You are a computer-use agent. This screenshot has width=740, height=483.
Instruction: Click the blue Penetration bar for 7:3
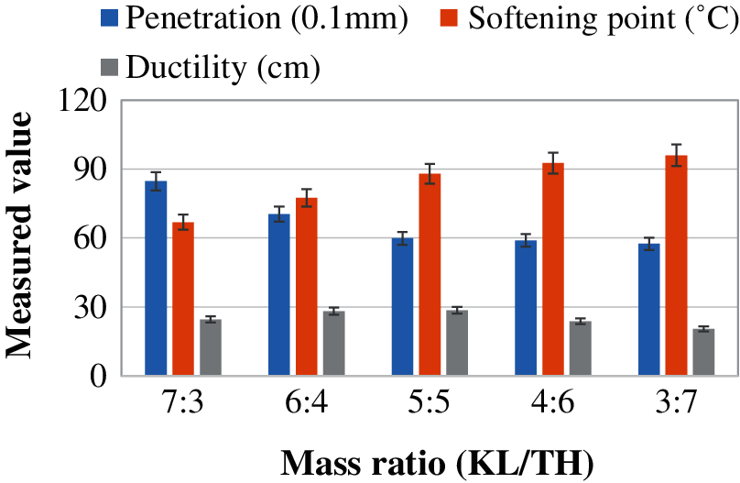[x=156, y=278]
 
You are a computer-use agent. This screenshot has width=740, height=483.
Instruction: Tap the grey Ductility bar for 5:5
[x=457, y=343]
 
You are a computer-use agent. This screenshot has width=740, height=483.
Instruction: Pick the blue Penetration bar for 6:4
[x=278, y=294]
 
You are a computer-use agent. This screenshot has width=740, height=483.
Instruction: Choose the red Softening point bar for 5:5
[x=430, y=274]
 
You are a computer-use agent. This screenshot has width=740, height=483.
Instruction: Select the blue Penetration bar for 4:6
[x=525, y=307]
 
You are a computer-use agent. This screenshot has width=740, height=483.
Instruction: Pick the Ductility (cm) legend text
[x=223, y=65]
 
